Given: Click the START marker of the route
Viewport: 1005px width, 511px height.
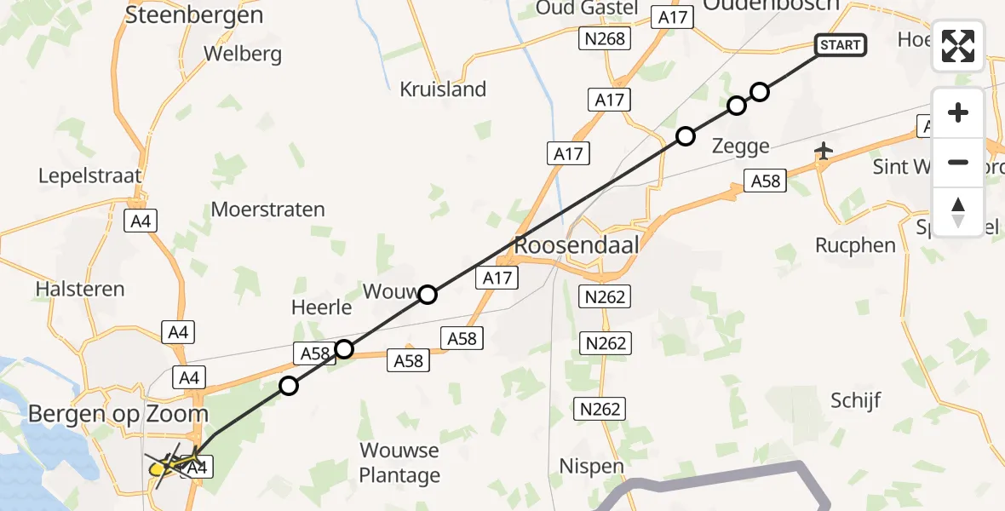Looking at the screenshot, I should tap(841, 45).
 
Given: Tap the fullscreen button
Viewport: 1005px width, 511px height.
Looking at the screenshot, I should tap(958, 46).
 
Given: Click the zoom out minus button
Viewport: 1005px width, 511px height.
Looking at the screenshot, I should tap(958, 162).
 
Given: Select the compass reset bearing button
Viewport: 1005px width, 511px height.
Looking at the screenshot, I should tap(958, 211).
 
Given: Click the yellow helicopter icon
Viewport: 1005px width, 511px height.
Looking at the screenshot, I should tap(161, 467).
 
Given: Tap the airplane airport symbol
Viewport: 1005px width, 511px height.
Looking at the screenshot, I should tap(823, 152).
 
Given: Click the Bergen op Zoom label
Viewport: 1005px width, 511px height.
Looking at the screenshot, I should tap(118, 414).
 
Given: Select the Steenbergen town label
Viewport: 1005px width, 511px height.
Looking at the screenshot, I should tap(194, 14).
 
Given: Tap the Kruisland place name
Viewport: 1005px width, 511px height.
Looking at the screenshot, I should tap(443, 89).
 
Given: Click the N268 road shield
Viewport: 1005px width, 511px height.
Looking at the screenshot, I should tap(605, 38).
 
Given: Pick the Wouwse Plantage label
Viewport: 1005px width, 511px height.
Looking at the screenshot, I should tap(399, 462).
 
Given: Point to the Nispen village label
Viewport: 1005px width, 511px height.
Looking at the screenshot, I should tap(591, 466).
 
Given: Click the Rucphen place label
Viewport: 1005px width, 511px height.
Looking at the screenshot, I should tap(855, 245).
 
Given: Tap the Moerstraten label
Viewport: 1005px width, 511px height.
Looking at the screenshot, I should tap(267, 209).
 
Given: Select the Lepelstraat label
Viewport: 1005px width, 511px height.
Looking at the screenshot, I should tap(89, 175).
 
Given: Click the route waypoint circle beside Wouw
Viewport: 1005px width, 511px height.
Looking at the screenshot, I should tap(428, 295).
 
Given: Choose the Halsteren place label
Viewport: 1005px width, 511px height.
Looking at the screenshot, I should tap(80, 289).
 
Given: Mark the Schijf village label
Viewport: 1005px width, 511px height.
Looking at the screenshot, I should tap(855, 399).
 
